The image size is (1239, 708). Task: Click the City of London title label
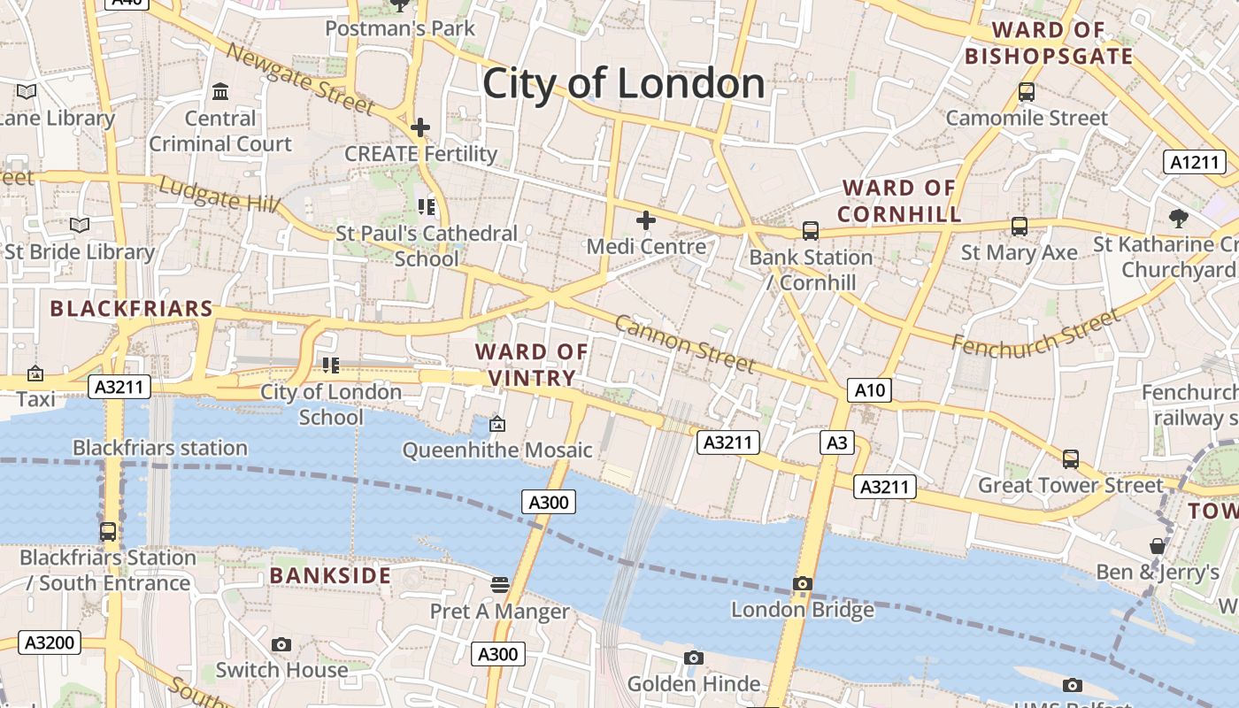point(624,84)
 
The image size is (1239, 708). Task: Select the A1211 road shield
point(1194,162)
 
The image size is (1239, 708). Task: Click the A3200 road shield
point(50,643)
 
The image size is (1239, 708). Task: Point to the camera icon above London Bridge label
point(803,583)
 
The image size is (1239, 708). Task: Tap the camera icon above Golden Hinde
point(694,658)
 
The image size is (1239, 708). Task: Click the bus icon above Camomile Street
point(1027,91)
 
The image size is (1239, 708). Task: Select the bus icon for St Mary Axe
point(1020,227)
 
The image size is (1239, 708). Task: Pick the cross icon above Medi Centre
point(646,219)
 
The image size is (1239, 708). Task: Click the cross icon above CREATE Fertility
point(420,127)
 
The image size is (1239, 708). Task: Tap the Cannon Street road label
point(685,343)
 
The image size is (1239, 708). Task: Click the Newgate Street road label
point(300,78)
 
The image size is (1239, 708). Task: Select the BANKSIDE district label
point(330,575)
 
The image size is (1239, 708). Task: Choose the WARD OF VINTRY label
point(531,365)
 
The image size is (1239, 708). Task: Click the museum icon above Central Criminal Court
point(220,91)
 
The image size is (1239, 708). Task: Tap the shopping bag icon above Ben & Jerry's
point(1157,545)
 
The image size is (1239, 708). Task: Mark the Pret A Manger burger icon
point(500,584)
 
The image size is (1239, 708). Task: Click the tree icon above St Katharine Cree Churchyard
point(1178,218)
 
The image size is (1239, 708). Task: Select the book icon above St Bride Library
point(80,226)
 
